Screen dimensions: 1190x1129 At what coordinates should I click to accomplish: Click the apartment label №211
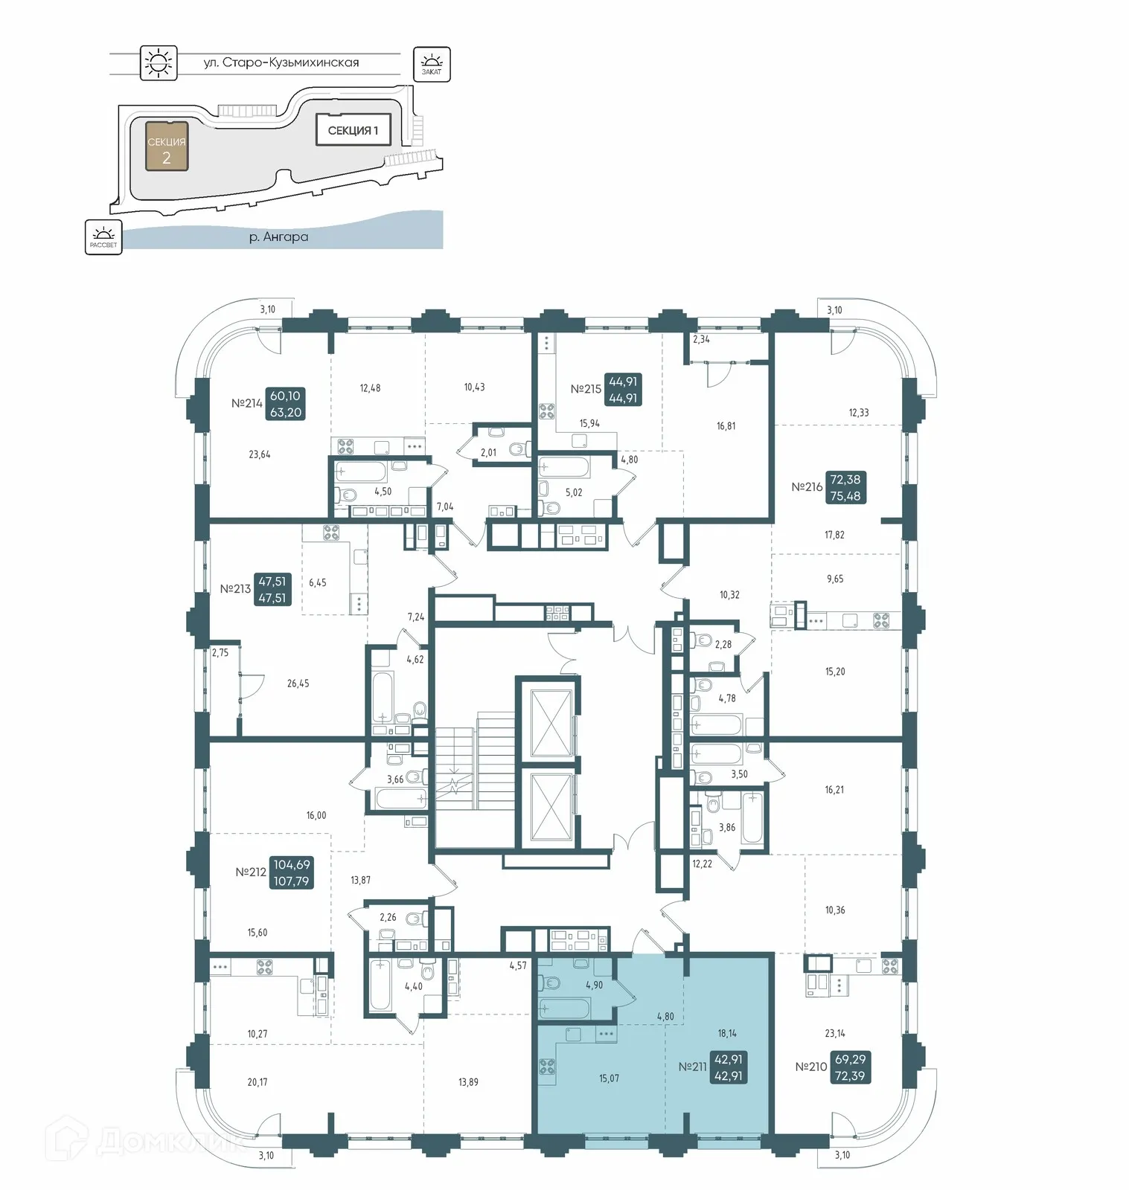point(692,1067)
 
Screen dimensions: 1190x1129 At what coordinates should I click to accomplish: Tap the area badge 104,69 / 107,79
point(292,872)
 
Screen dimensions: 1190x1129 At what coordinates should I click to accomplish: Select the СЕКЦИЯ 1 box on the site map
point(353,130)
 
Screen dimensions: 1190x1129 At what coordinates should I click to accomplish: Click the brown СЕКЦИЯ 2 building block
point(166,147)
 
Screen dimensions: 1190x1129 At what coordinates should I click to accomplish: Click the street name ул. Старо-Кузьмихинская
point(281,62)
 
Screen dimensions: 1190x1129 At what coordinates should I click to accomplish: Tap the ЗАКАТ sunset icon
point(432,63)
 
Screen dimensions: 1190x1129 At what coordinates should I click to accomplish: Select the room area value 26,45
point(298,683)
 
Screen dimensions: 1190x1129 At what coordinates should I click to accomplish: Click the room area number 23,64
point(259,454)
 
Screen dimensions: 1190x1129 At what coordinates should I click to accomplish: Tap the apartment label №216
point(807,487)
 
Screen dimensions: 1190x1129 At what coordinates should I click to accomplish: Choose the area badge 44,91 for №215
point(623,389)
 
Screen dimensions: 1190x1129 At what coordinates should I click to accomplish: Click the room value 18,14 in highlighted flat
point(727,1033)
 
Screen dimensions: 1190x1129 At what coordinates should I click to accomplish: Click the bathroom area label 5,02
point(573,492)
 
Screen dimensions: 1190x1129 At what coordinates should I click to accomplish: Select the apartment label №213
point(235,588)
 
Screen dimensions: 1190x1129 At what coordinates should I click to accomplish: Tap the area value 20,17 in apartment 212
point(258,1082)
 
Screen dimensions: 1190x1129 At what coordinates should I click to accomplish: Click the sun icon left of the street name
point(159,62)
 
